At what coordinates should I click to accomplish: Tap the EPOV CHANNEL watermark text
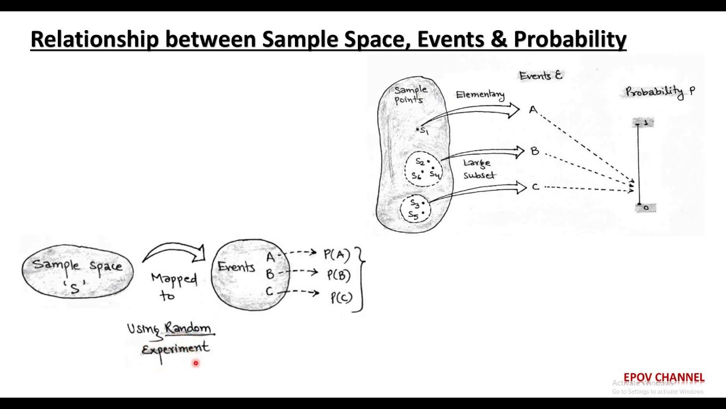point(664,378)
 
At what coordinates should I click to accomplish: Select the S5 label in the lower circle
point(413,215)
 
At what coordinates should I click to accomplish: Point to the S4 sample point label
point(435,174)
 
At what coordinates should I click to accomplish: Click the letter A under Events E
point(533,110)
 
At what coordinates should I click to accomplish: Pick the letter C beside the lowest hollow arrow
point(535,186)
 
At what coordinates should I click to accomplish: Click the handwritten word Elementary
point(480,95)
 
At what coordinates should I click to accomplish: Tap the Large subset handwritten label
point(478,169)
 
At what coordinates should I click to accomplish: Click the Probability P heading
point(660,91)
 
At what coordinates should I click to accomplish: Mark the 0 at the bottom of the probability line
point(646,208)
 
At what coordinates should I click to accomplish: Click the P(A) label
point(337,254)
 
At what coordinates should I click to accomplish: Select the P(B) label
point(339,276)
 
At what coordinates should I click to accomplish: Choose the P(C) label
point(340,297)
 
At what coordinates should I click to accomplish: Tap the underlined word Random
point(188,328)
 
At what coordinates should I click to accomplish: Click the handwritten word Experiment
point(175,348)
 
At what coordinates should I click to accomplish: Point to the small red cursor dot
point(196,362)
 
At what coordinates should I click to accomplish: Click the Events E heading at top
point(541,76)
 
